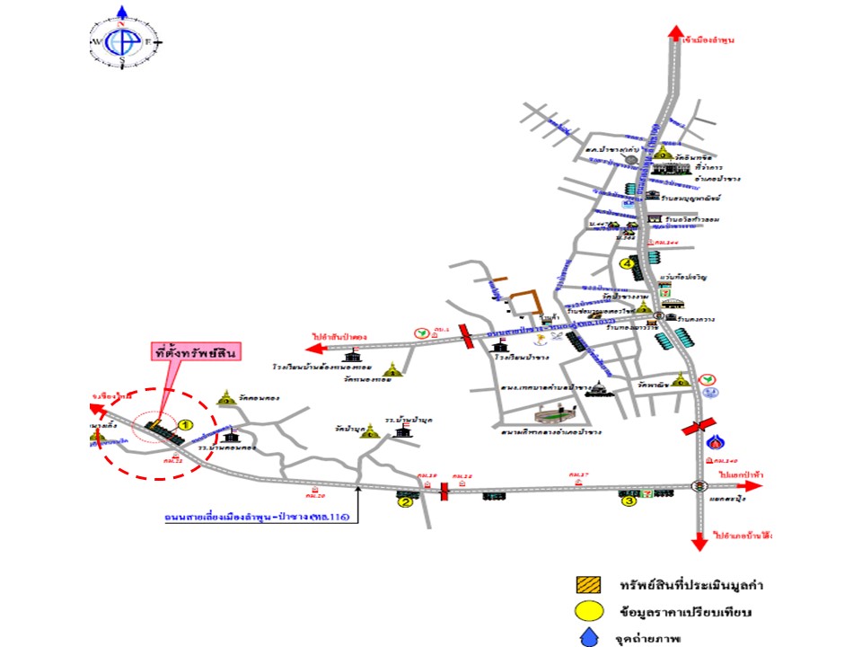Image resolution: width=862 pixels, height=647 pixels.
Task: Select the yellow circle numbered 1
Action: click(186, 423)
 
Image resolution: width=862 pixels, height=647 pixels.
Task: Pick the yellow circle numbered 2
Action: click(405, 503)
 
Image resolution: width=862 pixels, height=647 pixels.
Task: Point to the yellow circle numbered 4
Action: click(627, 263)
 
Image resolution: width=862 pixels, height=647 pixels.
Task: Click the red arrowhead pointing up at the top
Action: click(674, 33)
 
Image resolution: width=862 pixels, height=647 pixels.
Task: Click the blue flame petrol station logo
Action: click(716, 442)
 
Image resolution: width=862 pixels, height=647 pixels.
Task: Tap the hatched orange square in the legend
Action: click(586, 585)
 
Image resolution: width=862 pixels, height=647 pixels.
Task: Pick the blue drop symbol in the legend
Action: click(586, 639)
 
